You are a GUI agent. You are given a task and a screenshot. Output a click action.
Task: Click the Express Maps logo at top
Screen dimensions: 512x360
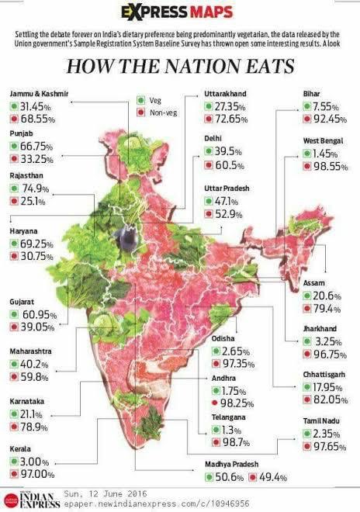tap(180, 12)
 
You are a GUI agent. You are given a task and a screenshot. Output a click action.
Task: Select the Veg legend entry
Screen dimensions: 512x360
tap(154, 100)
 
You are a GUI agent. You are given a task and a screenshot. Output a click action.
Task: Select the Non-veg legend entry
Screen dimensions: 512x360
tap(160, 112)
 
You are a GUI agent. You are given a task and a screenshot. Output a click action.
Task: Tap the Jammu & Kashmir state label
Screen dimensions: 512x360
tap(39, 93)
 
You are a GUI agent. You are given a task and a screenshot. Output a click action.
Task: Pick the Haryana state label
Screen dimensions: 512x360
tap(25, 230)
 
